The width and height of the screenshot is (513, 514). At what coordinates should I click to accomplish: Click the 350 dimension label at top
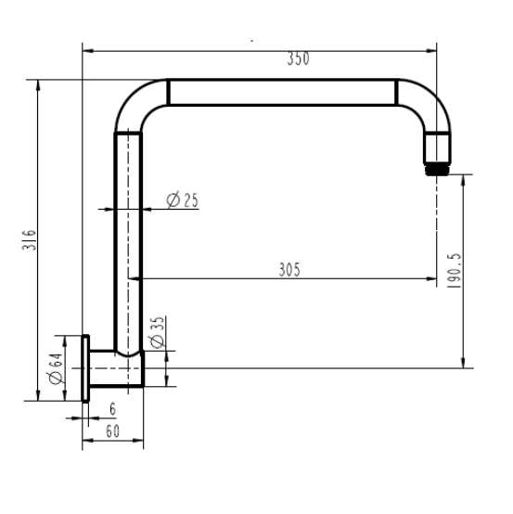tap(297, 58)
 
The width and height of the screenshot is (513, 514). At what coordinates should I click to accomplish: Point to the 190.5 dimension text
tap(454, 269)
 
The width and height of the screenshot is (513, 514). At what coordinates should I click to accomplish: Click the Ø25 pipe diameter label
tap(182, 200)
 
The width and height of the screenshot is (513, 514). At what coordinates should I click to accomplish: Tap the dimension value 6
tap(111, 409)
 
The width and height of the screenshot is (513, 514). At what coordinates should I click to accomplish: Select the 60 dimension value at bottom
tap(113, 430)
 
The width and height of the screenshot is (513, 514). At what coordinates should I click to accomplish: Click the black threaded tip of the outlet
tap(437, 170)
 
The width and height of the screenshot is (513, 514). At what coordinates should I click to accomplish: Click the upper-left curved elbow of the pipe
tap(138, 104)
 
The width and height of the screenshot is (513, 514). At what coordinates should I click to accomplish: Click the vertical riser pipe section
tap(127, 241)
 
